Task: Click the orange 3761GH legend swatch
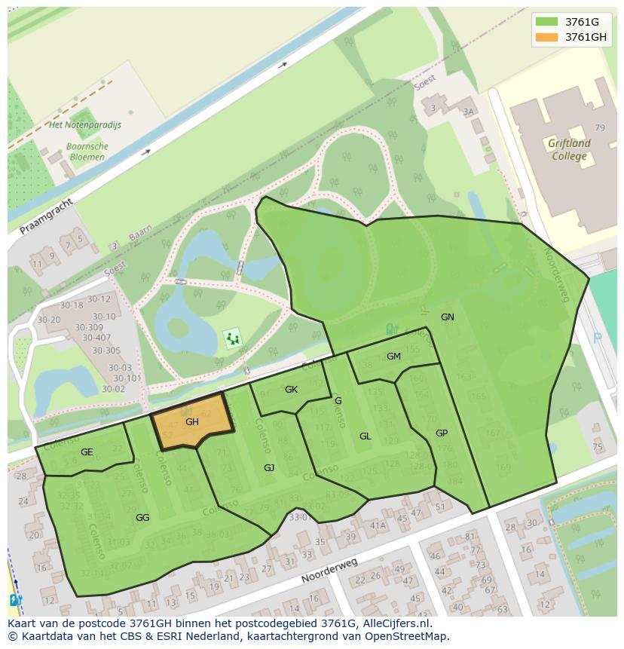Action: coord(547,37)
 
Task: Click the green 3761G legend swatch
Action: coord(547,21)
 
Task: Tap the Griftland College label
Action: coord(569,149)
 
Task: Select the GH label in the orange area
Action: coord(192,422)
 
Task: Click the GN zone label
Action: coord(448,317)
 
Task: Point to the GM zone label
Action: coord(393,357)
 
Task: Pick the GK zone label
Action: coord(292,390)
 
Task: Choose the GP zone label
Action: coord(442,433)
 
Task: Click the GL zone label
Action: coord(366,436)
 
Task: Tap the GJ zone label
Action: coord(269,468)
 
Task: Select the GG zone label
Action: coord(142,518)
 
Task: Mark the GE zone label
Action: coord(87,452)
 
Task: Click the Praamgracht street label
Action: coord(47,216)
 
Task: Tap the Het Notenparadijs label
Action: coord(84,125)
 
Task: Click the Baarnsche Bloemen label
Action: coord(87,152)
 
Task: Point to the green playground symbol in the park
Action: coord(233,338)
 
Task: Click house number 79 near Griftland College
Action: coord(600,128)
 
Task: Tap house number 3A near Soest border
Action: coord(469,112)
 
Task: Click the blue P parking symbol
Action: coord(598,338)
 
